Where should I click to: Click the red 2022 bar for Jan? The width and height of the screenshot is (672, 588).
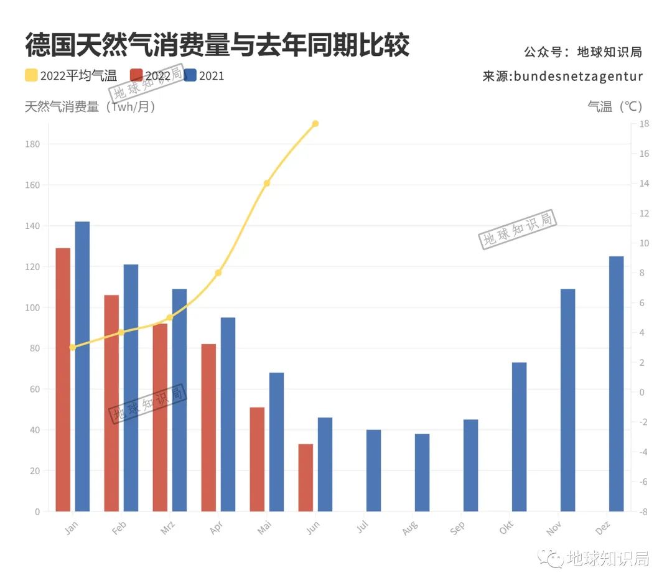pos(63,380)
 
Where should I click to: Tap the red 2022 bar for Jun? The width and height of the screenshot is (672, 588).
pos(306,477)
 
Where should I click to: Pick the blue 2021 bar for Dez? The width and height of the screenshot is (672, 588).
pos(616,383)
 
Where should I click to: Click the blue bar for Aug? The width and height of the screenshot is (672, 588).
pos(422,472)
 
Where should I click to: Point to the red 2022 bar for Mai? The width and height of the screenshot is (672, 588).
pos(257,459)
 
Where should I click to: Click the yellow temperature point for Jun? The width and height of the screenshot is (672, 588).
pos(315,124)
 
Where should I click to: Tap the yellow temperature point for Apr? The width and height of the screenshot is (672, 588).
pos(218,273)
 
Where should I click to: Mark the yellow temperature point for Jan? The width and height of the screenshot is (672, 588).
pos(72,347)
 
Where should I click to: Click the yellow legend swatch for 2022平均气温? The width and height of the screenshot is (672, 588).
pos(31,76)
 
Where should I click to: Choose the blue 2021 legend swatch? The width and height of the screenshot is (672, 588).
pos(190,76)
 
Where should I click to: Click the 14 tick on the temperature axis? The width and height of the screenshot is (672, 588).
pos(644,184)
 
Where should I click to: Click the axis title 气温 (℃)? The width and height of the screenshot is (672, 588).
pos(615,106)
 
